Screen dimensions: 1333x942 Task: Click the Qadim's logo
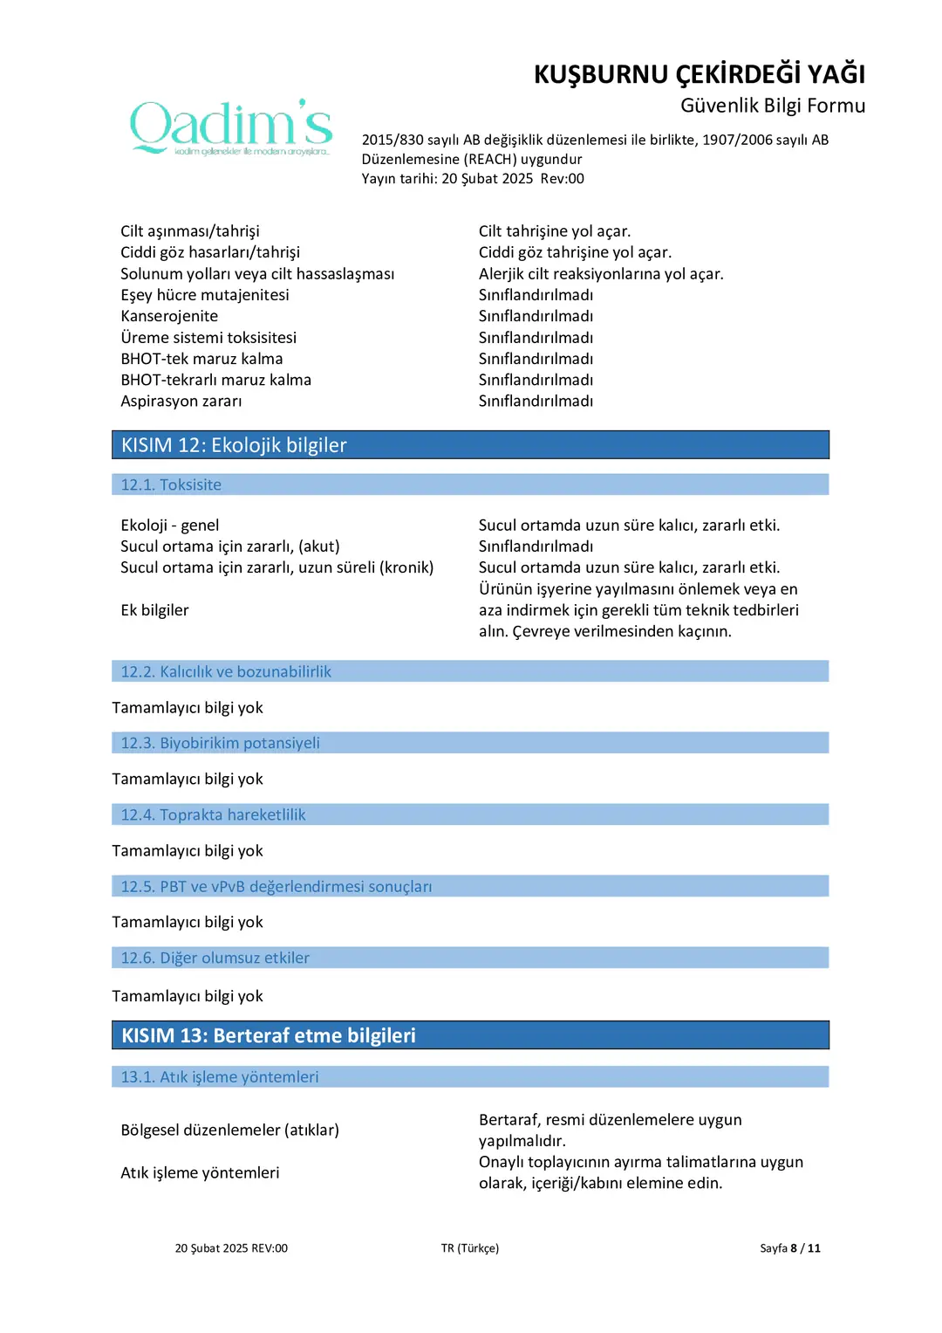click(x=231, y=127)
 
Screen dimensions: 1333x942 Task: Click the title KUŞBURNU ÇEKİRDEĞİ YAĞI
click(x=699, y=74)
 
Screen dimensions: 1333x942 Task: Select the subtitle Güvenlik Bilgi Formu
click(x=772, y=106)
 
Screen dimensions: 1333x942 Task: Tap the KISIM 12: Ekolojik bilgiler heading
click(x=234, y=445)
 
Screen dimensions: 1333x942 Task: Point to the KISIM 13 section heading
click(x=269, y=1035)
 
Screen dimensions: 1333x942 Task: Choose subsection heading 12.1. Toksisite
click(x=171, y=484)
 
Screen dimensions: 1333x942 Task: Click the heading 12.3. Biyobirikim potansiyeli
click(x=220, y=743)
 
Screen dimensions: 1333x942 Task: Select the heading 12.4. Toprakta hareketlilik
click(x=213, y=814)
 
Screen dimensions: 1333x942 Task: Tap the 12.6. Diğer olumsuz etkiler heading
click(x=215, y=958)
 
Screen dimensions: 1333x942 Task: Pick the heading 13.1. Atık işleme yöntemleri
click(x=220, y=1077)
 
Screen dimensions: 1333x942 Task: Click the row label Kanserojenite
click(x=169, y=316)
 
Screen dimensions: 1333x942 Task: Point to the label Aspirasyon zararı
click(x=181, y=402)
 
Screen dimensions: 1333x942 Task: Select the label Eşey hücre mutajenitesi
click(x=205, y=295)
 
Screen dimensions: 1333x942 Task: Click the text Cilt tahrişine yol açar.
click(x=555, y=231)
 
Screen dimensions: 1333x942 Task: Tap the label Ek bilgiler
click(x=154, y=610)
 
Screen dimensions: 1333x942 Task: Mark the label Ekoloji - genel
click(x=170, y=526)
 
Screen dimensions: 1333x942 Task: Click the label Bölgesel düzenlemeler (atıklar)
click(x=229, y=1130)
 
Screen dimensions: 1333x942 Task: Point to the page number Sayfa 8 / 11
click(x=789, y=1248)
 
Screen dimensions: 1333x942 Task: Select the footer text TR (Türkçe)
click(x=470, y=1248)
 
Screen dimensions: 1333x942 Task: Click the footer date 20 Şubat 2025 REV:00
click(x=231, y=1248)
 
